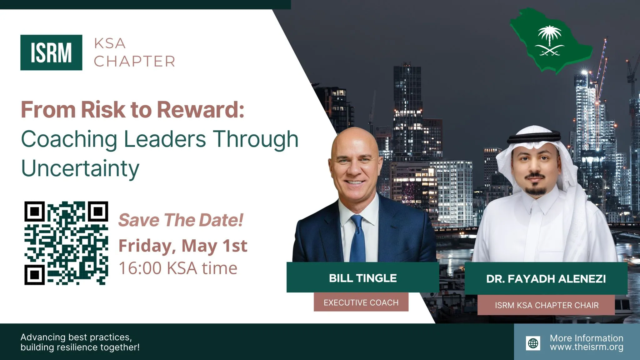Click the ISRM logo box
click(x=51, y=52)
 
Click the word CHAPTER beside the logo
click(x=134, y=61)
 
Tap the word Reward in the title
click(x=200, y=110)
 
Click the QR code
click(x=66, y=243)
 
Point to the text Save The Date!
click(x=181, y=220)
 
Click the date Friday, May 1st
click(x=183, y=246)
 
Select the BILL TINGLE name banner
click(x=363, y=277)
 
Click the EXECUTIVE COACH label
click(x=361, y=302)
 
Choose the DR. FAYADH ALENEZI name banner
click(x=546, y=278)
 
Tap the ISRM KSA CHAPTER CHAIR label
click(x=546, y=305)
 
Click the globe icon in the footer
click(x=533, y=343)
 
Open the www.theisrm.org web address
click(x=587, y=347)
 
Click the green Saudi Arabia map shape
click(x=551, y=41)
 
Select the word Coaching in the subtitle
click(x=69, y=140)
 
